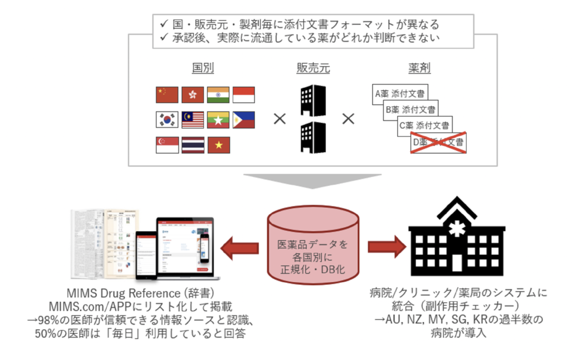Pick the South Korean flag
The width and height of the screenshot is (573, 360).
[x=166, y=120]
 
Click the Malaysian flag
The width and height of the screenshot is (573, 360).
[x=192, y=120]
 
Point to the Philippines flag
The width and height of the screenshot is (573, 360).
[x=243, y=120]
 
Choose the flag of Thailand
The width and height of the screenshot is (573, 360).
[x=192, y=145]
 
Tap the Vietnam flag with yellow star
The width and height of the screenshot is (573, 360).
[x=218, y=145]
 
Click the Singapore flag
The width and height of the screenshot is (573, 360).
[x=166, y=145]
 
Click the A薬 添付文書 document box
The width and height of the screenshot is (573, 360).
[x=398, y=93]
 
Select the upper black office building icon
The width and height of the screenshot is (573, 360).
[x=313, y=100]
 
